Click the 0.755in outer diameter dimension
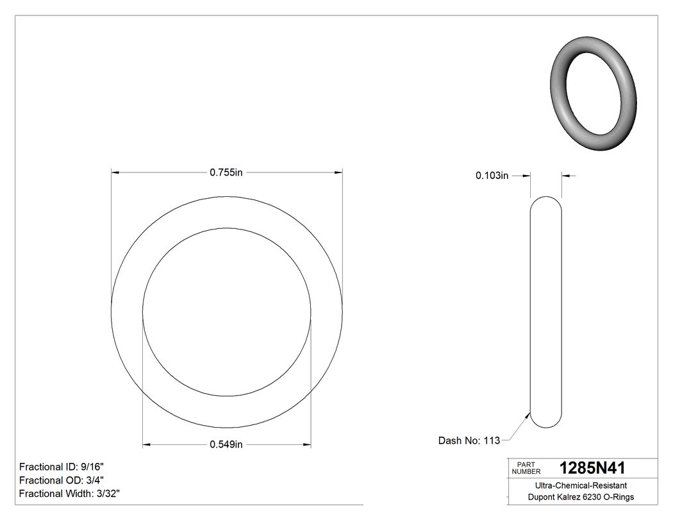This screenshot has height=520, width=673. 226,172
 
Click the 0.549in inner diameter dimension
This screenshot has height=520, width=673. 226,444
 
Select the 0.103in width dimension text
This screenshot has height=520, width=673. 492,176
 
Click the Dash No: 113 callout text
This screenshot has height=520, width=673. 469,440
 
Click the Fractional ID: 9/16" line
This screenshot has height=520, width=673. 62,467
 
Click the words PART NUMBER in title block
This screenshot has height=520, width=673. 526,467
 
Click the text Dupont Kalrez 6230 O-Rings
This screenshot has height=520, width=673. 581,498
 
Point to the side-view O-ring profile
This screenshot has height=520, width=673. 546,312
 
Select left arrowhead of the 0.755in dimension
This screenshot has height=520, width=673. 116,172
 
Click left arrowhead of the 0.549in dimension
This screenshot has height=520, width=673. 146,444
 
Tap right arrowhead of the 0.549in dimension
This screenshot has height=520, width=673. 307,444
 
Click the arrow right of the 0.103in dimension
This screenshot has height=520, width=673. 567,176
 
